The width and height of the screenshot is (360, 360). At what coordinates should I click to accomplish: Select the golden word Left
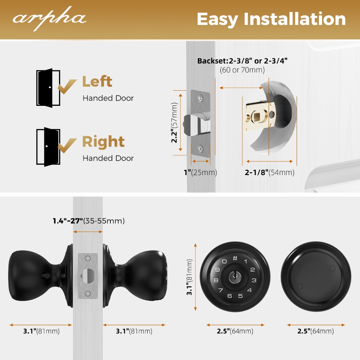pyautogui.click(x=97, y=81)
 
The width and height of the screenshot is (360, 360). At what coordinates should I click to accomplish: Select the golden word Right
pyautogui.click(x=104, y=142)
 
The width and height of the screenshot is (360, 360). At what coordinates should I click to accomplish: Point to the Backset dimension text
pyautogui.click(x=242, y=65)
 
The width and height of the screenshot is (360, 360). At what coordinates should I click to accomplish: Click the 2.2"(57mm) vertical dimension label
pyautogui.click(x=174, y=123)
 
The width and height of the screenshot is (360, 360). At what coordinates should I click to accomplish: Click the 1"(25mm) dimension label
pyautogui.click(x=200, y=172)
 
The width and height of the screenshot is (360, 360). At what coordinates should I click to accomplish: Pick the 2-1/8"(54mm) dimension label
pyautogui.click(x=270, y=172)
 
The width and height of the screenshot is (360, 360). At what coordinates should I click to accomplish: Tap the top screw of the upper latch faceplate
pyautogui.click(x=200, y=99)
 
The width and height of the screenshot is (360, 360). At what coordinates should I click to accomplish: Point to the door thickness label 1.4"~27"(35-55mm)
pyautogui.click(x=89, y=221)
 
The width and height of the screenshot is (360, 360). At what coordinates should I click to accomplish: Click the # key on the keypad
pyautogui.click(x=235, y=258)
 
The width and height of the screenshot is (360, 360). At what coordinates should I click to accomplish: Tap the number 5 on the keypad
pyautogui.click(x=240, y=296)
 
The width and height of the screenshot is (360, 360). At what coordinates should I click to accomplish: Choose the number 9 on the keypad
pyautogui.click(x=217, y=270)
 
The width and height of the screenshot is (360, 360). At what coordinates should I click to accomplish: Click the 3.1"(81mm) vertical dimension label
pyautogui.click(x=189, y=277)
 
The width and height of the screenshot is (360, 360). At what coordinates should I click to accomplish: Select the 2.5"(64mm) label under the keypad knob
pyautogui.click(x=235, y=331)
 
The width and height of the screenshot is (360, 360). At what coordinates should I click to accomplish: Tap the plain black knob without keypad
pyautogui.click(x=316, y=276)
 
